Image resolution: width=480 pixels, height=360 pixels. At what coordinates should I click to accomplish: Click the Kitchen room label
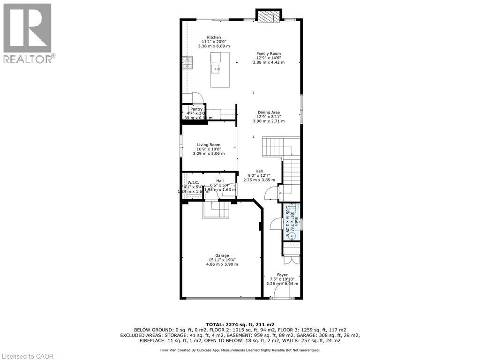pyautogui.click(x=214, y=37)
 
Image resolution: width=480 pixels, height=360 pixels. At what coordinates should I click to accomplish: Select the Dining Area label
pyautogui.click(x=269, y=112)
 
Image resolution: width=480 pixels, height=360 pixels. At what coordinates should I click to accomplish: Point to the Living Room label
pyautogui.click(x=209, y=145)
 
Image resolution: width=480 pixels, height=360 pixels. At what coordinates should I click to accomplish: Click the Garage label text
pyautogui.click(x=222, y=255)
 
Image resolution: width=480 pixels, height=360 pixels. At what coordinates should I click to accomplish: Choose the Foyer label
pyautogui.click(x=282, y=275)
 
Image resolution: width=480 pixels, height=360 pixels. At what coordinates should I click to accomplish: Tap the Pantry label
pyautogui.click(x=196, y=109)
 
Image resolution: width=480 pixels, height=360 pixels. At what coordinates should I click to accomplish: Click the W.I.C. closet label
pyautogui.click(x=194, y=182)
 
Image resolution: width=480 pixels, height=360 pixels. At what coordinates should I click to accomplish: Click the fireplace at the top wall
pyautogui.click(x=269, y=17)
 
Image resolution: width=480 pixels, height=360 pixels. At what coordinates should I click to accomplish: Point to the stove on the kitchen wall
pyautogui.click(x=187, y=63)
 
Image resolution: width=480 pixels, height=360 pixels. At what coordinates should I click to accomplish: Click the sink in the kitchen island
pyautogui.click(x=217, y=69)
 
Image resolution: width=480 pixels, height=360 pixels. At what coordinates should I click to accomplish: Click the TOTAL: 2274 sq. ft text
pyautogui.click(x=240, y=324)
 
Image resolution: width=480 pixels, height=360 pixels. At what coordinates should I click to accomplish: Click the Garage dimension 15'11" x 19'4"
pyautogui.click(x=222, y=260)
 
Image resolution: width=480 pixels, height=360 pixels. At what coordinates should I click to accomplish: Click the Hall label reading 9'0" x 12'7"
pyautogui.click(x=259, y=176)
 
